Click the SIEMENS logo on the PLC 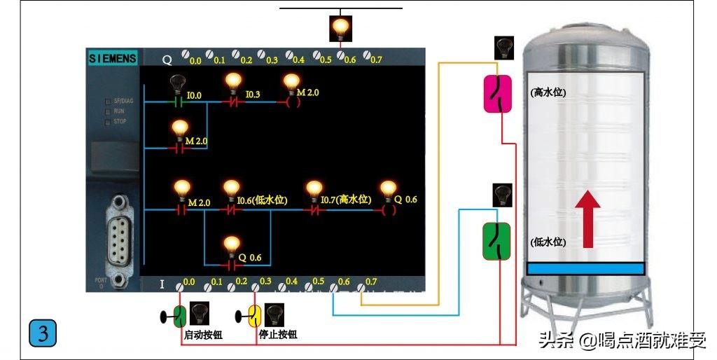tap(112, 59)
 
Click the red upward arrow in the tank tap(587, 219)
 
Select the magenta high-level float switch tap(499, 94)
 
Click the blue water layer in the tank tap(585, 268)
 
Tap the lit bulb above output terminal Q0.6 tap(340, 28)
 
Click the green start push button tap(179, 315)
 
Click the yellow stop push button tap(255, 315)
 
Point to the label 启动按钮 tap(203, 335)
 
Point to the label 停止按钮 tap(278, 335)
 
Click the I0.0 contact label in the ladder tap(194, 95)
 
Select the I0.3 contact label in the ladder tap(253, 95)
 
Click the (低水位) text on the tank tap(548, 242)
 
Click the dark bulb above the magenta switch tap(503, 48)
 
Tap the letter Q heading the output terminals tap(167, 60)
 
